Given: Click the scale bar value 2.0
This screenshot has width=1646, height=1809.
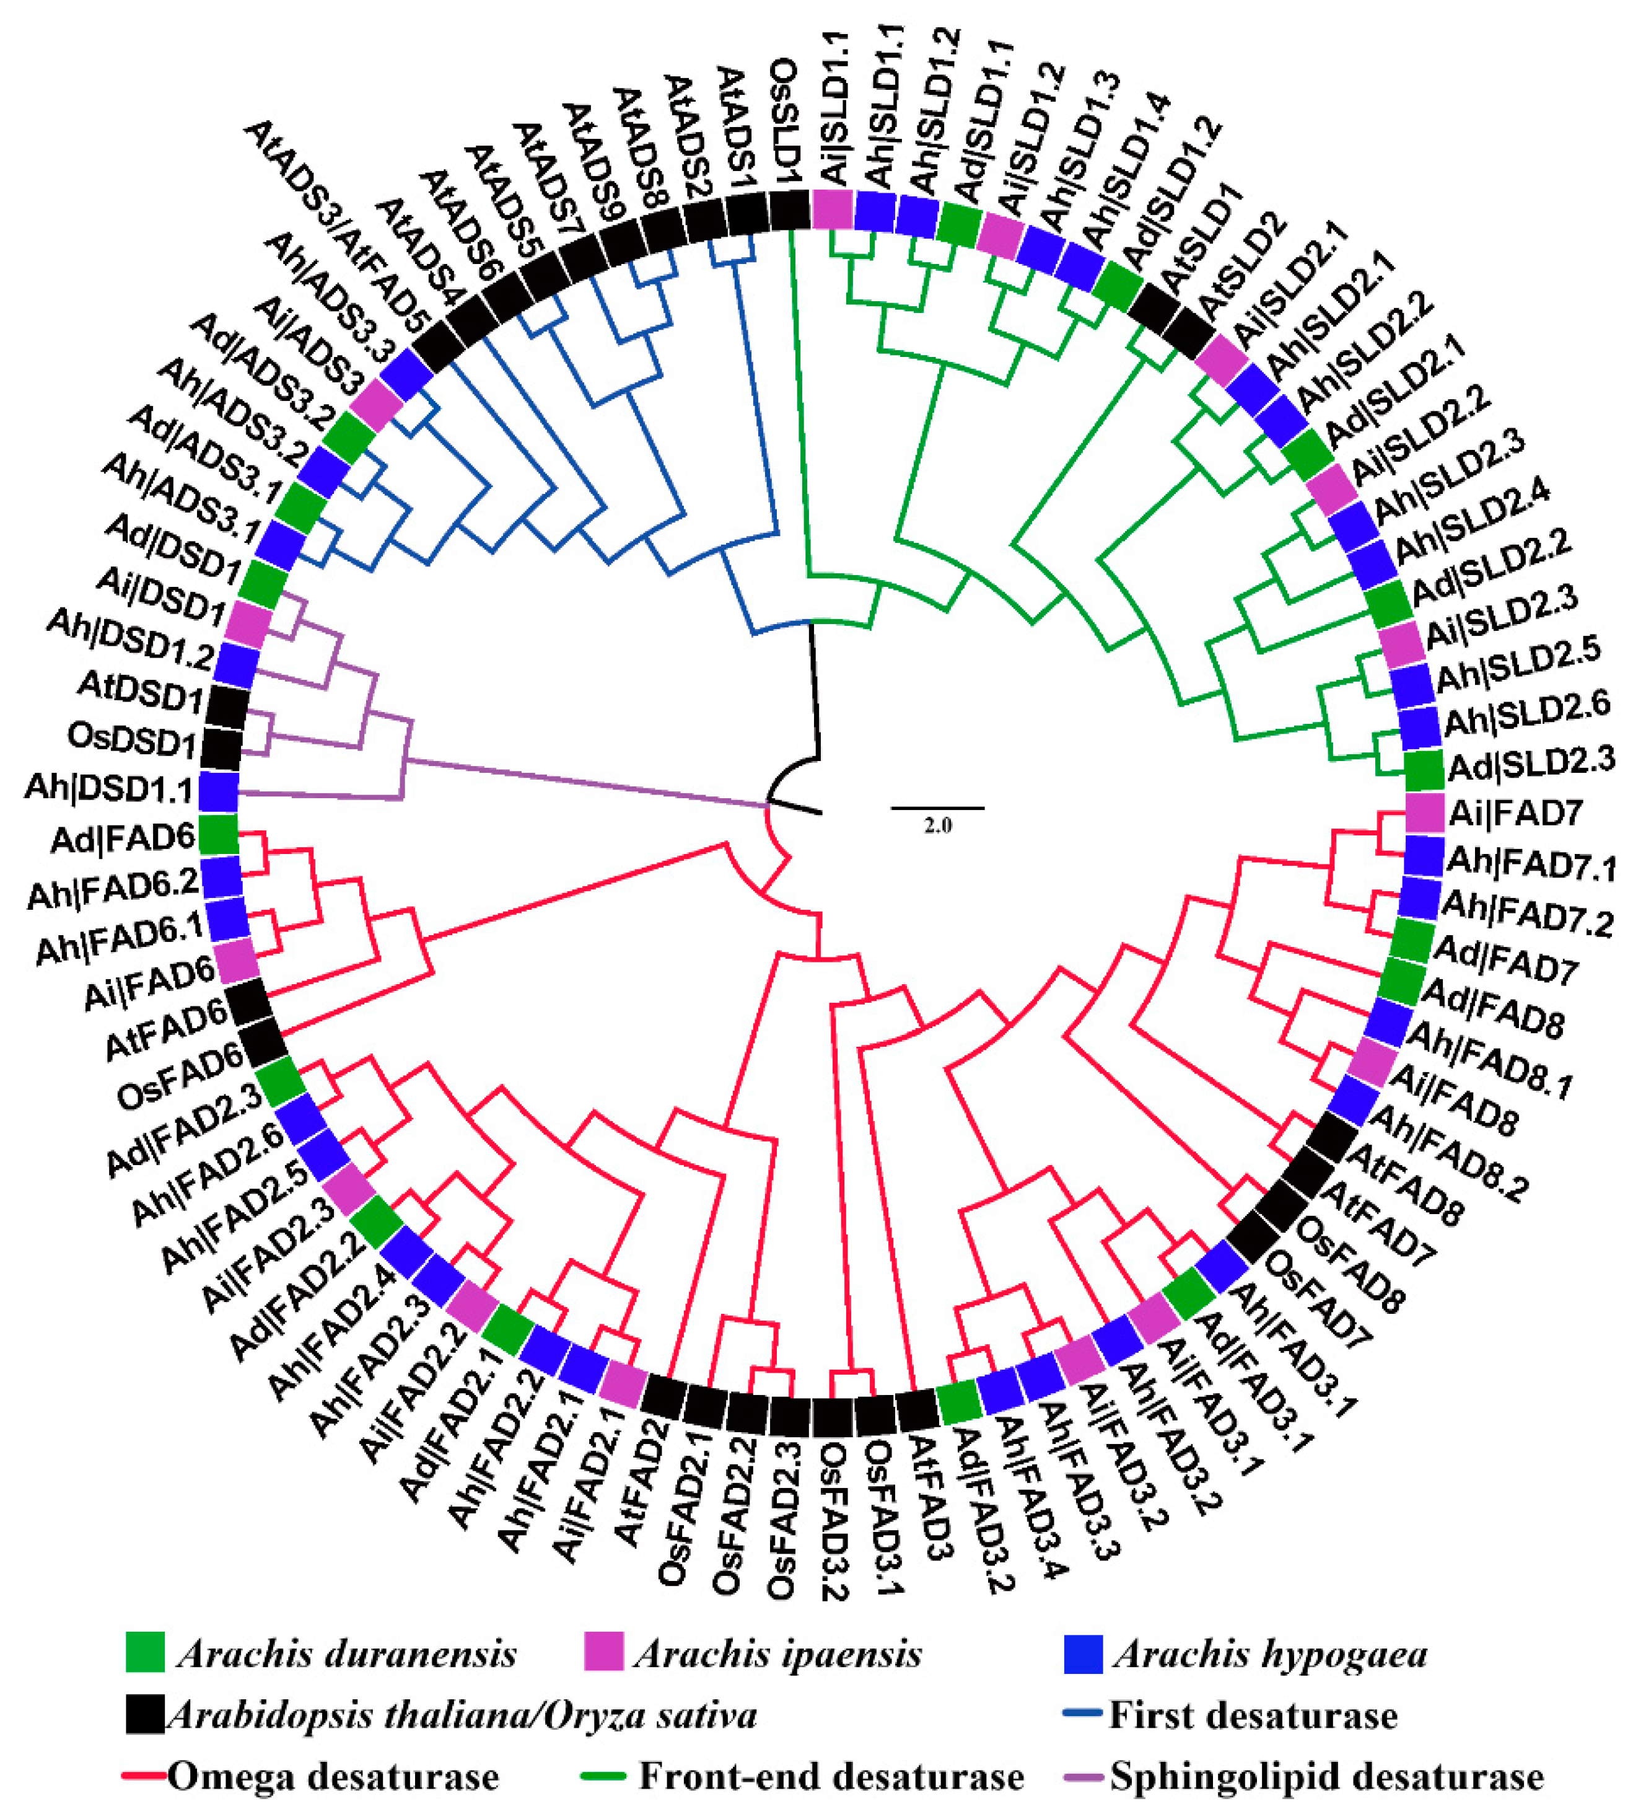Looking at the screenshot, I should pyautogui.click(x=937, y=825).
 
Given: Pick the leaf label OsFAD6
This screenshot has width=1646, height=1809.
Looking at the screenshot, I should pyautogui.click(x=180, y=1077).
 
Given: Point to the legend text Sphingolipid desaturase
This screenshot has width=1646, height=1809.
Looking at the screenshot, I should pyautogui.click(x=1327, y=1777).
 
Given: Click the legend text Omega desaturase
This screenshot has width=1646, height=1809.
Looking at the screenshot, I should pyautogui.click(x=333, y=1777).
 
